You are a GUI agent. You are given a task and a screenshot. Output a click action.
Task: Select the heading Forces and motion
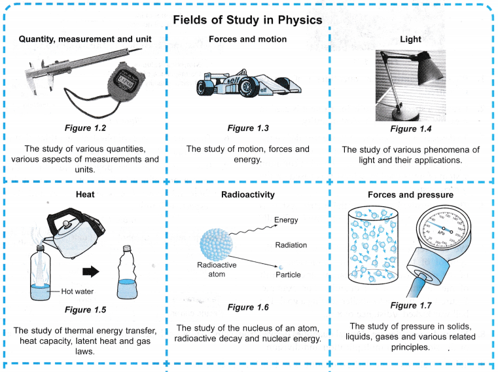coord(247,39)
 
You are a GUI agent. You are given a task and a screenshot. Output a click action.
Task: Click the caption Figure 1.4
coord(410,129)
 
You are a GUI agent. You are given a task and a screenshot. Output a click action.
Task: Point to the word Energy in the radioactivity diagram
coord(286,220)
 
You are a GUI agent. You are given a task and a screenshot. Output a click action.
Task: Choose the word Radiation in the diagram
coord(291,245)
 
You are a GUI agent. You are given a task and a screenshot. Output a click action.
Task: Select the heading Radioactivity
coord(248,195)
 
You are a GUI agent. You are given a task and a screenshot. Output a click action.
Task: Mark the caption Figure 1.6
coord(248,307)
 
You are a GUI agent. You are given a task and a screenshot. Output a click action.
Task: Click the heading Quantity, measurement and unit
coord(85,39)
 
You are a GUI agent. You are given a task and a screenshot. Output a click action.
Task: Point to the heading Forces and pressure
coord(410,195)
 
